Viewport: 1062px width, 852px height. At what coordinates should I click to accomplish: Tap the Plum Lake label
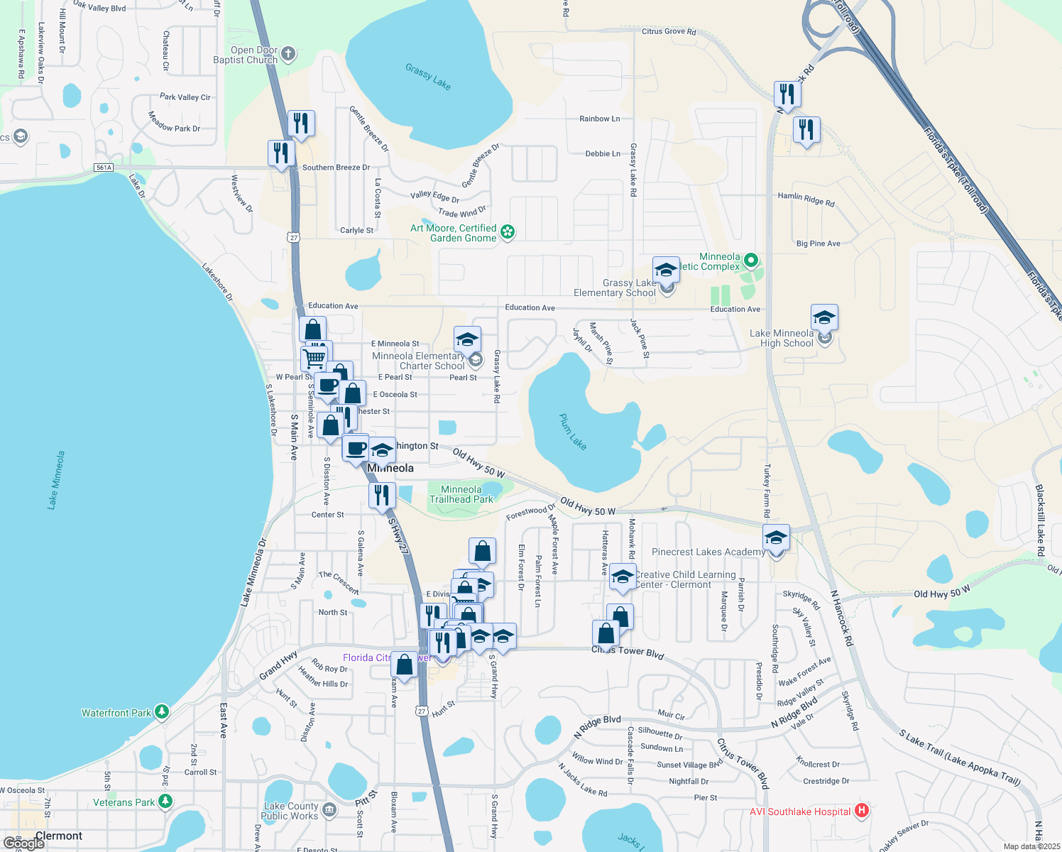pos(573,432)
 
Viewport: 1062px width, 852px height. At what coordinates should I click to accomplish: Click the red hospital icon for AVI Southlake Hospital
pos(862,810)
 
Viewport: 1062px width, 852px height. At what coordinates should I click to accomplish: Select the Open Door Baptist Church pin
pos(288,54)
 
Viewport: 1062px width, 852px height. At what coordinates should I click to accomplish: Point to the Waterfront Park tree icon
pos(162,711)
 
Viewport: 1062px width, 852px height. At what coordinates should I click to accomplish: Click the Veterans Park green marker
pos(165,802)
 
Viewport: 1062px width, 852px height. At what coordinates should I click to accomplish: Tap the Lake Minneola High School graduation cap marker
pos(824,317)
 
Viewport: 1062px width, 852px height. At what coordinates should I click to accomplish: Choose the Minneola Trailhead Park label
pos(461,494)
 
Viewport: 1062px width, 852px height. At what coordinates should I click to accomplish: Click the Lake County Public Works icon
pos(329,809)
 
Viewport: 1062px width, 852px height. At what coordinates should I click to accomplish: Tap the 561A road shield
pos(104,168)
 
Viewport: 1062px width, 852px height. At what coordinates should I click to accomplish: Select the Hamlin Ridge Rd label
pos(806,199)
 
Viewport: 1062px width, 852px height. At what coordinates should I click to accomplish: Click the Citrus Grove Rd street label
pos(669,31)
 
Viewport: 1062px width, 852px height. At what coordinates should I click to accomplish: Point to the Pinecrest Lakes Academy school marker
pos(776,537)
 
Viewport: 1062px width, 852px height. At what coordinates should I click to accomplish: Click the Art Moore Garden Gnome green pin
pos(508,231)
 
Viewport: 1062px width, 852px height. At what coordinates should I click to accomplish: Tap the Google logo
pos(24,843)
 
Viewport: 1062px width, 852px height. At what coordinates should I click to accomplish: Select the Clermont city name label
pos(59,836)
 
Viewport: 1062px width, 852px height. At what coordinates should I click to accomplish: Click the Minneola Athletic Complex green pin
pos(751,261)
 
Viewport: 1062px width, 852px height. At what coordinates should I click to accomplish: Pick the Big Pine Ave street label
pos(818,244)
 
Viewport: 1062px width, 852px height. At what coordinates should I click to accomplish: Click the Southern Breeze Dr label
pos(336,168)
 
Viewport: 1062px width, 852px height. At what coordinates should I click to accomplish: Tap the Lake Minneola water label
pos(56,480)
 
